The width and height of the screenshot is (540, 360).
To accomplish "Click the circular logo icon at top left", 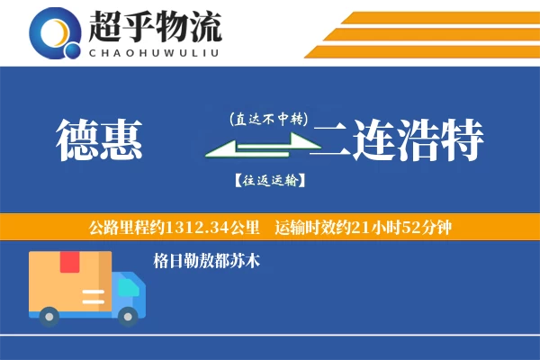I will pos(52,32).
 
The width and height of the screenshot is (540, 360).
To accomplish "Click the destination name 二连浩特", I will pos(399,141).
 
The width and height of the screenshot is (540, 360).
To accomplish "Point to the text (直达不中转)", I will pos(269,119).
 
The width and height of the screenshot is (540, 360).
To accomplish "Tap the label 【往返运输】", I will pos(269,181).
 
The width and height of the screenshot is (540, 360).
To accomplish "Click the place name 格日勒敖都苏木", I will pos(207,261).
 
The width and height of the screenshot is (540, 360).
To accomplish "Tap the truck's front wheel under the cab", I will pos(129,315).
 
